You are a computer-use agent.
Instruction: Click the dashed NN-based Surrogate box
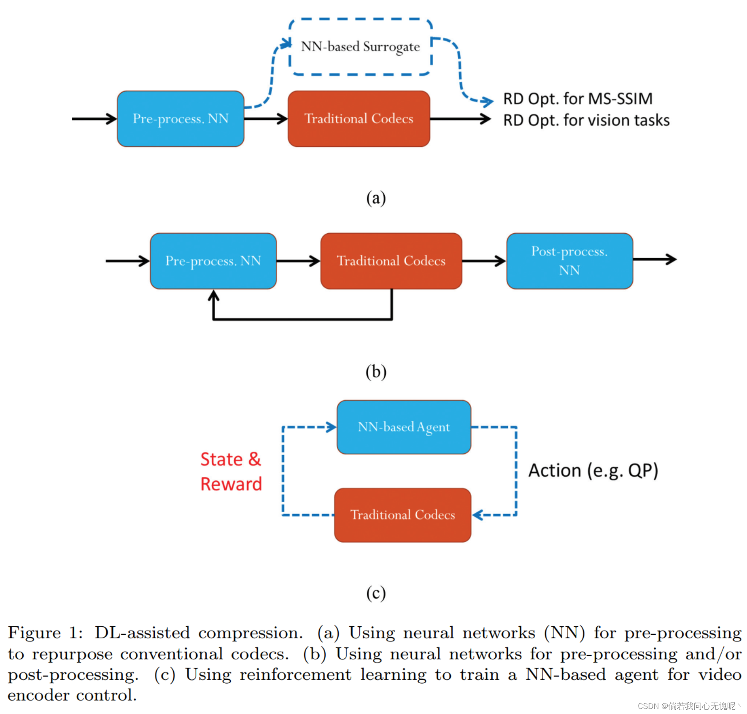click(361, 47)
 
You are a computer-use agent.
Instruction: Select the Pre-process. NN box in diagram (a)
click(181, 119)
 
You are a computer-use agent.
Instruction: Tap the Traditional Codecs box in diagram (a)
click(359, 119)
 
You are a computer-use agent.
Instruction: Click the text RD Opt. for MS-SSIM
click(577, 99)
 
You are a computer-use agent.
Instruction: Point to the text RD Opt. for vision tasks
click(586, 121)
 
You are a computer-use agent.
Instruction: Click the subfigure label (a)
click(375, 198)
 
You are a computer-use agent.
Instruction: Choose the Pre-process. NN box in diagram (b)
click(213, 261)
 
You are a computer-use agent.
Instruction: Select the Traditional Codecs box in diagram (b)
click(391, 261)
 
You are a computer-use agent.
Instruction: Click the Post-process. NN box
click(569, 261)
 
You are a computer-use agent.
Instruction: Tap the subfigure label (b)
click(375, 372)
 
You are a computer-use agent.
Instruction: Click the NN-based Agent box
click(404, 427)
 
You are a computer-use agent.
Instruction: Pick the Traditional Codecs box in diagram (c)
click(402, 515)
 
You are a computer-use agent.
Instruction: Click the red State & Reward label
click(231, 472)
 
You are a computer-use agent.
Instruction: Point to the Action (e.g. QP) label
click(593, 471)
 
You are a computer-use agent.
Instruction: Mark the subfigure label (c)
click(375, 593)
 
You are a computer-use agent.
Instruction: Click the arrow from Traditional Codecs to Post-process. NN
click(484, 261)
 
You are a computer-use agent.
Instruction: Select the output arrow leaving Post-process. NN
click(655, 260)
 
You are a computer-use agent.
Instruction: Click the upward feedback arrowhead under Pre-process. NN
click(214, 295)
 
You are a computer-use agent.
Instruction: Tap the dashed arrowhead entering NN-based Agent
click(331, 427)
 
